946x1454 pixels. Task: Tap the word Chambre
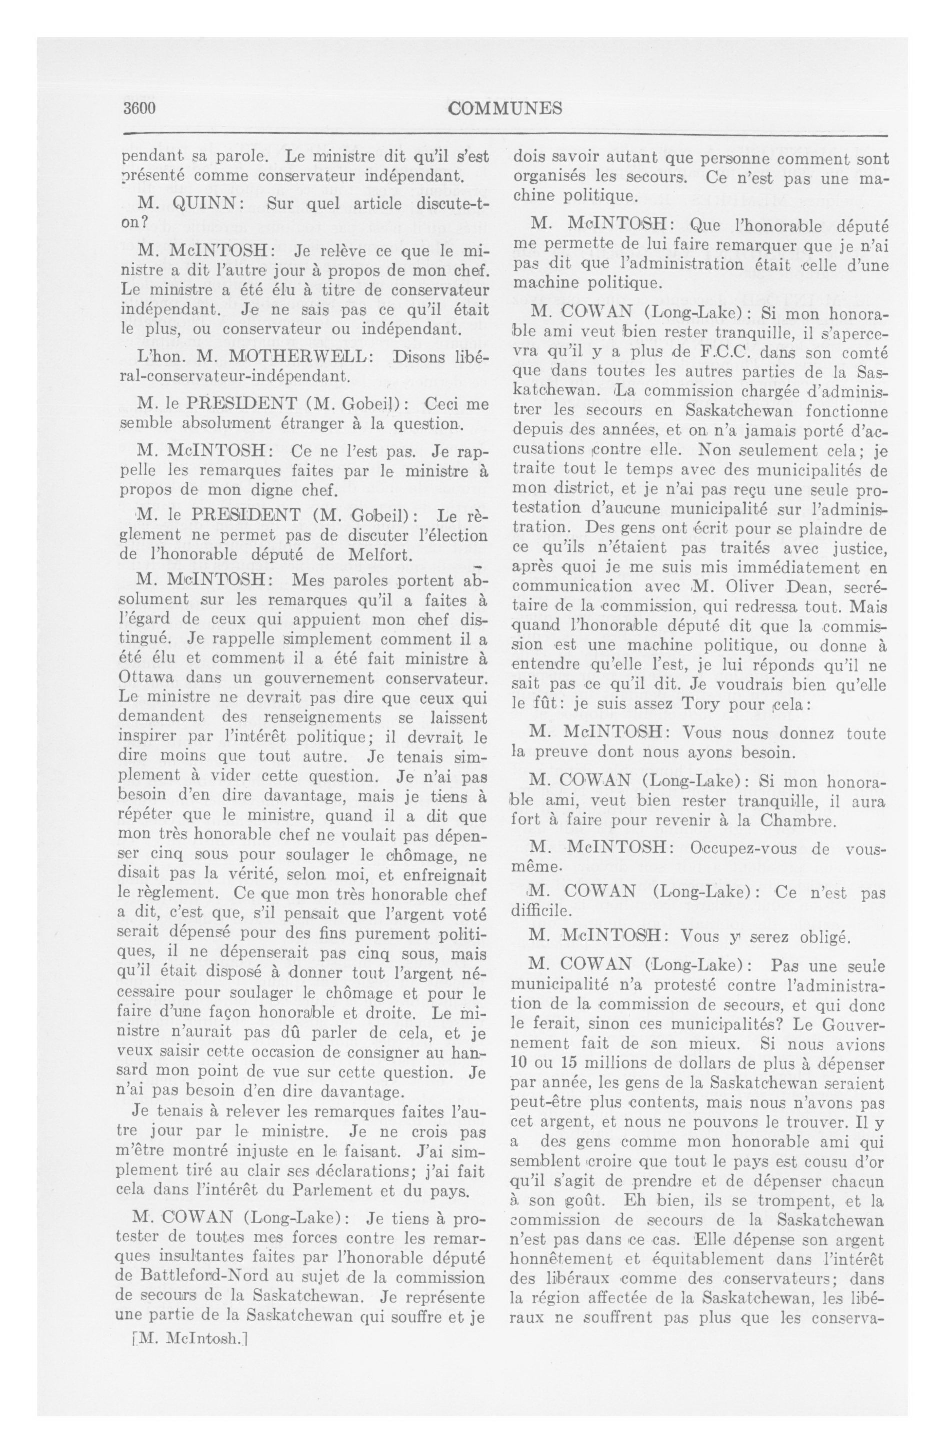coord(797,820)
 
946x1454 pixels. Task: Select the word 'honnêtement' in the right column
coord(562,1240)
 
